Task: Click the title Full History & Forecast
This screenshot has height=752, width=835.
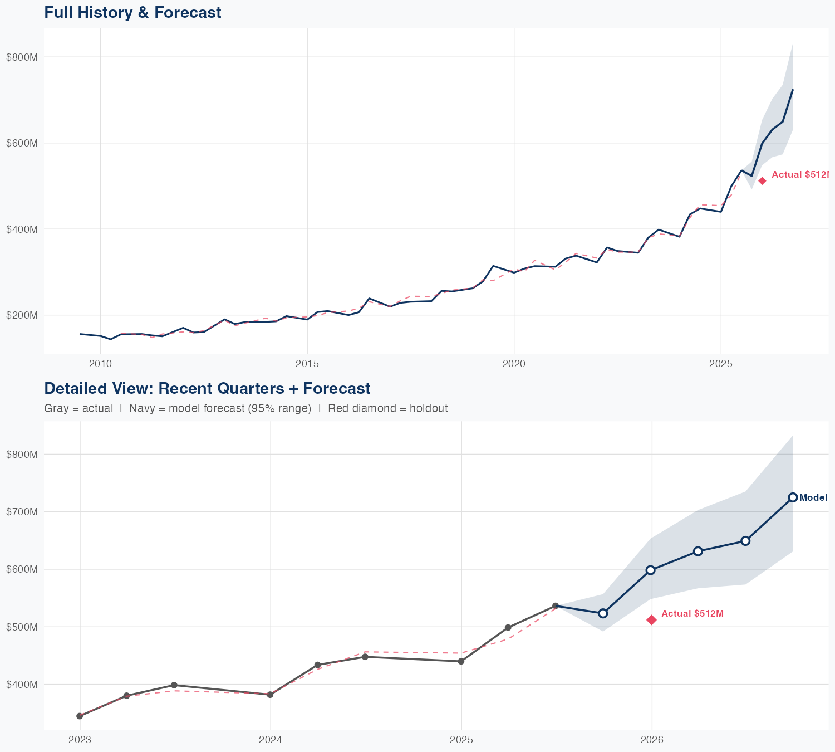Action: pyautogui.click(x=132, y=12)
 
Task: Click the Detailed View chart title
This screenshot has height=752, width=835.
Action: pyautogui.click(x=207, y=388)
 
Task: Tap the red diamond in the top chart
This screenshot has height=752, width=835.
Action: pyautogui.click(x=762, y=180)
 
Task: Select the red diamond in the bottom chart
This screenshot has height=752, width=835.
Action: pyautogui.click(x=651, y=620)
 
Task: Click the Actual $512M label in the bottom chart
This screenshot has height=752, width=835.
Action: pyautogui.click(x=692, y=613)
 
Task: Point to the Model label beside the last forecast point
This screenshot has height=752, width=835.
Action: pyautogui.click(x=813, y=498)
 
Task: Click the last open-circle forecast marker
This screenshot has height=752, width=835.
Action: pyautogui.click(x=793, y=497)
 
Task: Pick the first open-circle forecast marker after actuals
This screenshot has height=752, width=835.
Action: pyautogui.click(x=602, y=613)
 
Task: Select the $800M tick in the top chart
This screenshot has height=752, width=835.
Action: pyautogui.click(x=21, y=57)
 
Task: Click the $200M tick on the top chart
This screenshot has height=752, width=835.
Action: pyautogui.click(x=21, y=315)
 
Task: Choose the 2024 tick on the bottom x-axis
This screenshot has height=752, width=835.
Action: pyautogui.click(x=271, y=740)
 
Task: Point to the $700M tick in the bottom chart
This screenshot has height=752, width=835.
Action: pyautogui.click(x=21, y=512)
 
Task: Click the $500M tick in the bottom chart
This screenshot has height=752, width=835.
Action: pyautogui.click(x=21, y=627)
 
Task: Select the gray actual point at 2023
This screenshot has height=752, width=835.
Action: pyautogui.click(x=80, y=716)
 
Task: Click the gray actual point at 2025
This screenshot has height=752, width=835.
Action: pyautogui.click(x=461, y=661)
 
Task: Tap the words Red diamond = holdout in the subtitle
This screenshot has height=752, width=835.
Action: pyautogui.click(x=387, y=408)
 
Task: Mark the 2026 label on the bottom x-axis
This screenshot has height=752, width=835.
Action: pyautogui.click(x=652, y=740)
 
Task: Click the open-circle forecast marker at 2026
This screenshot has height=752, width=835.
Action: pyautogui.click(x=650, y=570)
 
